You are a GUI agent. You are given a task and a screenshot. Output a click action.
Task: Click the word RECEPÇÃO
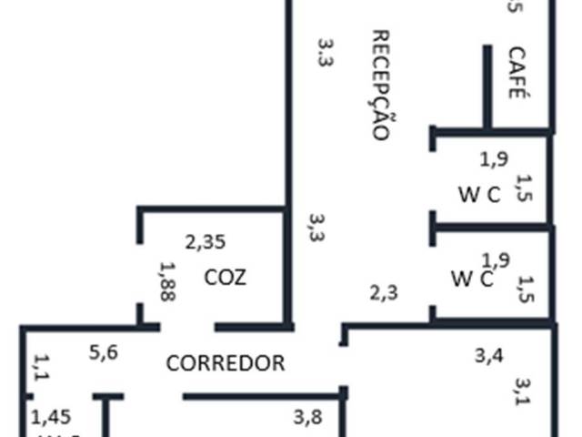pyautogui.click(x=381, y=84)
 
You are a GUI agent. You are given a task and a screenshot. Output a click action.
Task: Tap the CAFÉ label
pyautogui.click(x=517, y=72)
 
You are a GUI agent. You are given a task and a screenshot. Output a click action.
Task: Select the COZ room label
pyautogui.click(x=226, y=277)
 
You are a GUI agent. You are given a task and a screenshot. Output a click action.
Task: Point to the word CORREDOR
pyautogui.click(x=226, y=363)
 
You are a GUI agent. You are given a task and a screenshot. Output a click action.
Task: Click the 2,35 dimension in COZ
pyautogui.click(x=206, y=243)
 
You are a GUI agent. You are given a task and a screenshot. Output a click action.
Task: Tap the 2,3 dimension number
pyautogui.click(x=384, y=292)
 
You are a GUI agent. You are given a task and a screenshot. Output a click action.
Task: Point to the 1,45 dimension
pyautogui.click(x=50, y=418)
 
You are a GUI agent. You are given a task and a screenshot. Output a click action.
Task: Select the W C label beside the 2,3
pyautogui.click(x=472, y=279)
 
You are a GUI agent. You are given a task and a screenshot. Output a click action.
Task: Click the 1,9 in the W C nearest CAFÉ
pyautogui.click(x=494, y=159)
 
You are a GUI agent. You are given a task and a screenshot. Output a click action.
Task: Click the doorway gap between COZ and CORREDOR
pyautogui.click(x=187, y=326)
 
